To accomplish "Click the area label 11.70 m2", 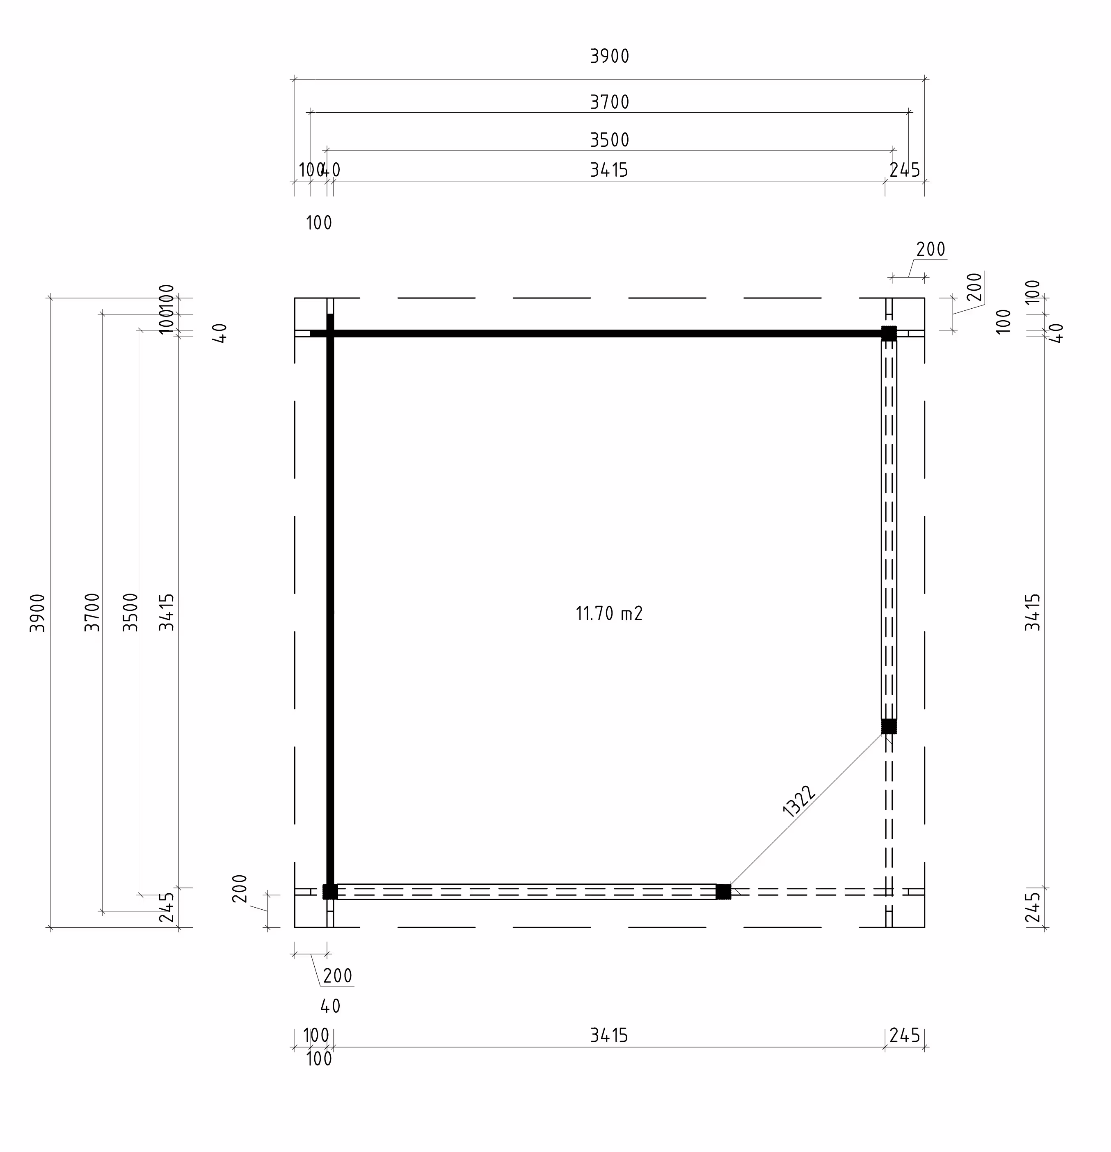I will click(609, 614).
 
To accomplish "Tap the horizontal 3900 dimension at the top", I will click(609, 57).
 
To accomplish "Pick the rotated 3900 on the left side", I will click(38, 612).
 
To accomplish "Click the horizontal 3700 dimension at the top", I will click(609, 102).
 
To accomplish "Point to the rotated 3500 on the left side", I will click(130, 612).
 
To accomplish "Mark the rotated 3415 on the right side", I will click(1033, 612).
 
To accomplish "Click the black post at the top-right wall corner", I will click(889, 334).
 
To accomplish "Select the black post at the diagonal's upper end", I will click(889, 726).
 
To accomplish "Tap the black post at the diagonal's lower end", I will click(723, 892).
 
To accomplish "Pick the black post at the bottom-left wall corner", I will click(330, 892).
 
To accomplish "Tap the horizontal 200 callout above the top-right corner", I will click(930, 250).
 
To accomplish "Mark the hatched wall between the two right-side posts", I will click(889, 529).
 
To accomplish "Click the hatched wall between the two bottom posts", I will click(526, 892).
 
